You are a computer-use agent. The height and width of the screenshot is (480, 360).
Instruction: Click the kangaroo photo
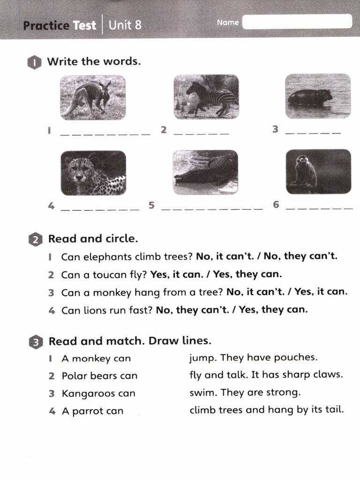[x=93, y=97]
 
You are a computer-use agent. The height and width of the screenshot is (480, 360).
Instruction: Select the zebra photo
[x=206, y=97]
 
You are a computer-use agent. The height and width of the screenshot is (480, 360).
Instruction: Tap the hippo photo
[x=317, y=96]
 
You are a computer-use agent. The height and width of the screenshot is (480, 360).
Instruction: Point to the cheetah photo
[x=93, y=173]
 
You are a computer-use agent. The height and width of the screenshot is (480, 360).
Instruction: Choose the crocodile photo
[x=205, y=172]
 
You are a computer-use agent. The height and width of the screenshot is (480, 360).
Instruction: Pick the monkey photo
[x=318, y=172]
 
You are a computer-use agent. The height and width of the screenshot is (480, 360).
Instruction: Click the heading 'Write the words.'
[x=94, y=61]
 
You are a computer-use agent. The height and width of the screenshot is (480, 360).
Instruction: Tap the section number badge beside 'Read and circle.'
[x=36, y=240]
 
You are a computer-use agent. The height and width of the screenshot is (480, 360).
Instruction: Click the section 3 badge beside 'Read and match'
[x=36, y=342]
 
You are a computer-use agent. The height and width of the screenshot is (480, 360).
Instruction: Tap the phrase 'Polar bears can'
[x=99, y=376]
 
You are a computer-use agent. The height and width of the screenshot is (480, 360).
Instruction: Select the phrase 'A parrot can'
[x=92, y=411]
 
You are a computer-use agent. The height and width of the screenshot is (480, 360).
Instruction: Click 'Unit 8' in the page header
[x=125, y=25]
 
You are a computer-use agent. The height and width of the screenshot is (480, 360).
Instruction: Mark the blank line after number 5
[x=212, y=209]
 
